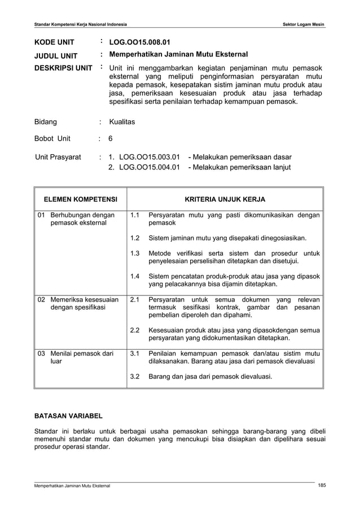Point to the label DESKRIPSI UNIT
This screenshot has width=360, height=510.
point(63,68)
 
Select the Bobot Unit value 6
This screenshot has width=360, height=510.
point(111,138)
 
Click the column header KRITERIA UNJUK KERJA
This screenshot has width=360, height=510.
point(225,199)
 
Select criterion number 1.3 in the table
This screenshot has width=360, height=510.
point(135,253)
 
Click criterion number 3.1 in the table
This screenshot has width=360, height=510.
point(135,354)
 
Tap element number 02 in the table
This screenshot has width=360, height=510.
point(41,299)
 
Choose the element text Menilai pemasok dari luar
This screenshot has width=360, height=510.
point(81,358)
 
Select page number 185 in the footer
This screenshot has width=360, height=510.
point(322,485)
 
